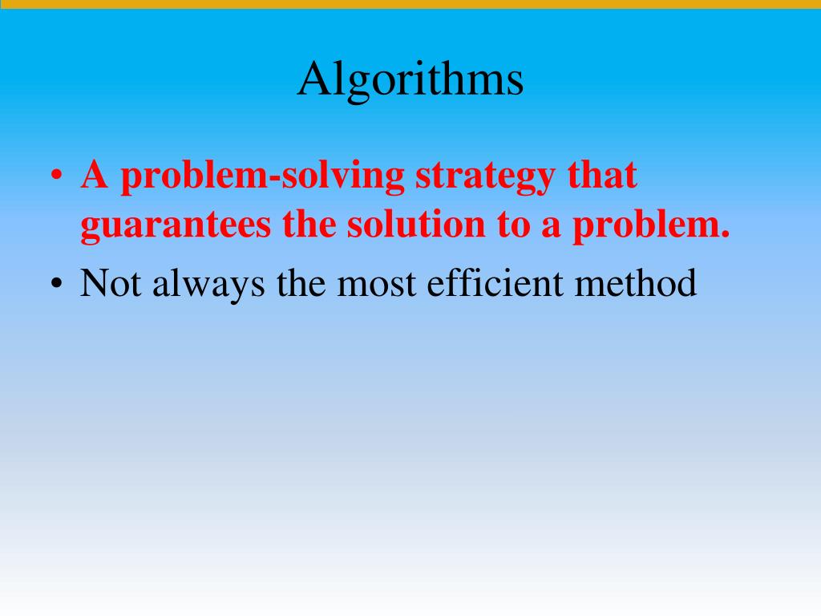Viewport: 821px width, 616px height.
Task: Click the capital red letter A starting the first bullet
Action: point(95,176)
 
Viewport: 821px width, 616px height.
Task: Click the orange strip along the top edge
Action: point(410,4)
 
